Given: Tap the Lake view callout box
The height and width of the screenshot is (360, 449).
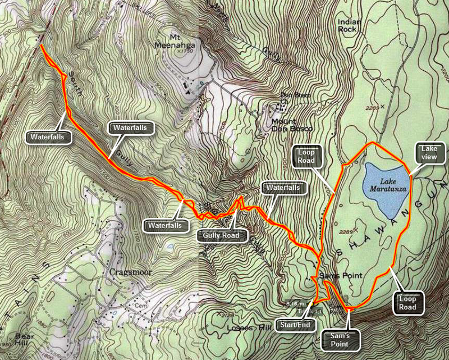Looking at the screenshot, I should (x=425, y=152).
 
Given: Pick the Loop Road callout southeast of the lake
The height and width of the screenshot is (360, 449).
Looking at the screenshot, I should (x=407, y=303).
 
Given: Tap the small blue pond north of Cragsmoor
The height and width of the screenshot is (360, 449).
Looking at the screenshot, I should (x=170, y=246).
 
